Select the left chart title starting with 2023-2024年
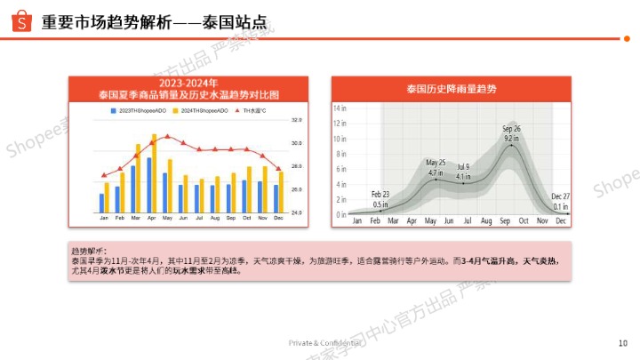(x=188, y=88)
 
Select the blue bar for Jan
(x=101, y=203)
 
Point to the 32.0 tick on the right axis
(x=296, y=119)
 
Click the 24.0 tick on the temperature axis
(x=296, y=213)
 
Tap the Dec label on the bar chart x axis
(x=277, y=219)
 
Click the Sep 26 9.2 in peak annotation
(x=511, y=133)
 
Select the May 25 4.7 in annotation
(x=436, y=167)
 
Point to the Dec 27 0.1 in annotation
(x=560, y=201)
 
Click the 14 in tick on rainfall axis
(x=340, y=107)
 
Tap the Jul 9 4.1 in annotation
(x=463, y=172)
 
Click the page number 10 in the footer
(x=622, y=342)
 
